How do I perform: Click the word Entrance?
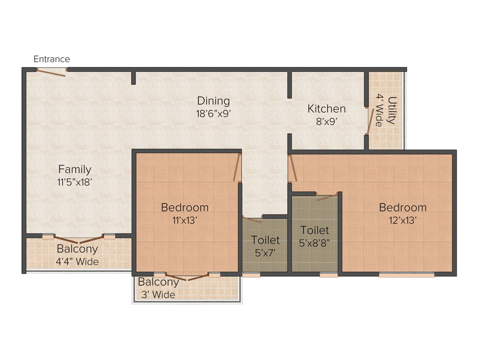[x=52, y=59]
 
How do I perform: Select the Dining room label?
[x=213, y=101]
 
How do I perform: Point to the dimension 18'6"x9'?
[x=213, y=113]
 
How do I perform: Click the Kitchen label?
[x=326, y=109]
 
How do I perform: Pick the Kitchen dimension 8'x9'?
[x=326, y=120]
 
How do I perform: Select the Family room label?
[x=75, y=169]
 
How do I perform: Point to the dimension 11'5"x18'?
[x=75, y=182]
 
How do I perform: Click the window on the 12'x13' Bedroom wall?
[x=406, y=275]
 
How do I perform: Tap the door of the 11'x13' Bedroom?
[x=237, y=167]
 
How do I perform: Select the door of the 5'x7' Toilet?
[x=252, y=219]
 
